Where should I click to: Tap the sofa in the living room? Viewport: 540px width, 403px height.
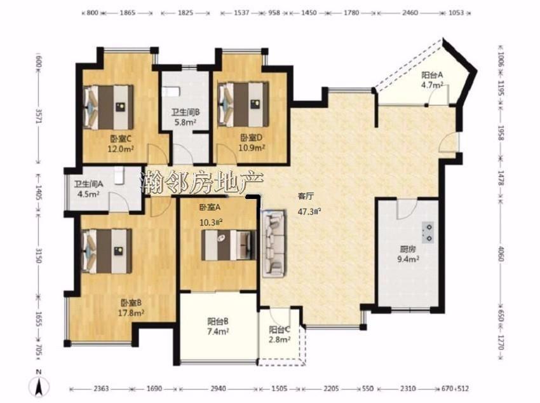coord(274,243)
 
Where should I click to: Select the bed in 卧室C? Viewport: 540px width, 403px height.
coord(108,107)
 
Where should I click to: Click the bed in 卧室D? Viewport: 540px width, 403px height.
coord(243,104)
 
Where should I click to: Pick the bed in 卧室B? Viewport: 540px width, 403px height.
coord(107,251)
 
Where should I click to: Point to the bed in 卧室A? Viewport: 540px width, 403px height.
coord(229,245)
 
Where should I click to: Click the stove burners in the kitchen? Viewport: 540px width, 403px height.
coord(429,233)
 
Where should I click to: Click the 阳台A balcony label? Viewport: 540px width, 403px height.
coord(432,75)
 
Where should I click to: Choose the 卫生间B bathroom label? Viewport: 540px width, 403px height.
coord(186,113)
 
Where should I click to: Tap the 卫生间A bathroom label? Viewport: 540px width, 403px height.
coord(88,184)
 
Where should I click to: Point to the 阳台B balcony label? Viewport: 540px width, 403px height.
coord(218,322)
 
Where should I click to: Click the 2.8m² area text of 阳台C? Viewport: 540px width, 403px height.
coord(280,339)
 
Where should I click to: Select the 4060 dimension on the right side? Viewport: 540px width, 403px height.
coord(501,254)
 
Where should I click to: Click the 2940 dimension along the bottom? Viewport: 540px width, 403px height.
coord(219,389)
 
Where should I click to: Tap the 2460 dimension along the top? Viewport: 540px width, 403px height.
coord(410,13)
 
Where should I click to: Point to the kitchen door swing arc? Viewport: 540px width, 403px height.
coord(407,209)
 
